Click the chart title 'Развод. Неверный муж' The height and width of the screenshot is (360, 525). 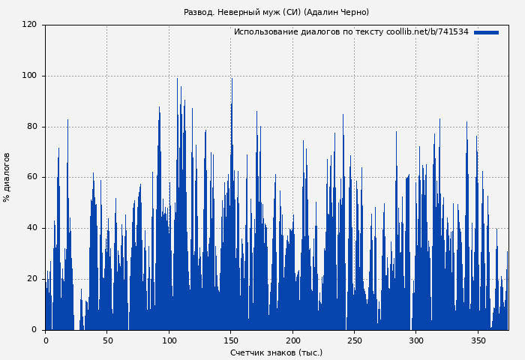coord(276,12)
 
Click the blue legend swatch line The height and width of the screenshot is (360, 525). coord(486,32)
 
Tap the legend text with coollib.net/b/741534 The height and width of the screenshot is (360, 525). coord(351,32)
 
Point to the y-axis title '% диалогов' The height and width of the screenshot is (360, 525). coord(7,177)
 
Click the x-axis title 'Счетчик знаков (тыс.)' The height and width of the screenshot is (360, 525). coord(276,352)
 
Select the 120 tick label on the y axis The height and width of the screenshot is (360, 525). coord(29,25)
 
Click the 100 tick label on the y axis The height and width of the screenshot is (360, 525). coord(29,76)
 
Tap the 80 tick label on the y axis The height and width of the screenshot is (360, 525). coord(31,127)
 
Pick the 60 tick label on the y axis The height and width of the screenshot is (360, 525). coord(31,178)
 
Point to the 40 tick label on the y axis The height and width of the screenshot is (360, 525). coord(31,228)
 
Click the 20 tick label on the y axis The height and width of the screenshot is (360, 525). coord(31,279)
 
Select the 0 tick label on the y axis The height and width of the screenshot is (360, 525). coord(34,330)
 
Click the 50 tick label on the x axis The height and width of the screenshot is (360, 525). coord(106,340)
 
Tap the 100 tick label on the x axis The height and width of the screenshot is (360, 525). coord(169,340)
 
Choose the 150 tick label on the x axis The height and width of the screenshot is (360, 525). coord(230,340)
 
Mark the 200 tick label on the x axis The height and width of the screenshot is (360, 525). coord(292,340)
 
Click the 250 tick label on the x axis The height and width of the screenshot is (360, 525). coord(354,340)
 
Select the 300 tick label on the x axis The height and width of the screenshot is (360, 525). coord(416,340)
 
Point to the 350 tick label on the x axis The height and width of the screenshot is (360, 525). coord(478,340)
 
